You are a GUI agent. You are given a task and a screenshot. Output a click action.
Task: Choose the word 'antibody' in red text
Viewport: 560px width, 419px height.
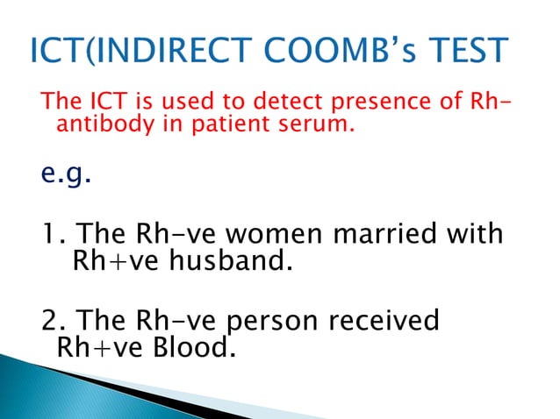pos(97,127)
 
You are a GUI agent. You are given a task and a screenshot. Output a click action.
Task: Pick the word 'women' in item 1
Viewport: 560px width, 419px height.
pos(276,235)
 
